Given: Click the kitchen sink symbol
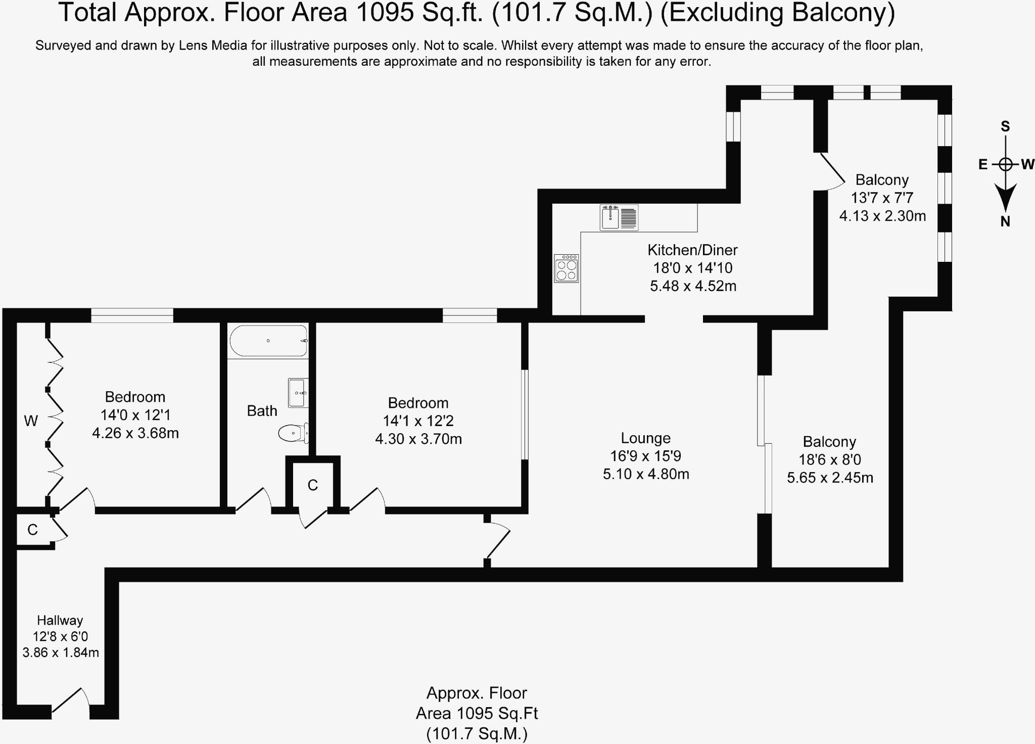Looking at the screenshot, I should pos(619,217).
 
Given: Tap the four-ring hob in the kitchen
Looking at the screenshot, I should pos(566,268).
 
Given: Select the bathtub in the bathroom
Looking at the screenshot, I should pos(268,341).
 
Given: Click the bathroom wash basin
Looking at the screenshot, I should pos(298,393).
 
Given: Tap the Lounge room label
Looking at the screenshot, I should pos(645,438).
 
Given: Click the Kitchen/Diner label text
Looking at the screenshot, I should pos(692,250).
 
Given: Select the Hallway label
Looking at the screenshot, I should pos(60,620).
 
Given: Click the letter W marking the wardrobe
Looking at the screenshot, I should pos(31,421).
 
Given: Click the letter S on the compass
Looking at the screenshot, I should pos(1005,126).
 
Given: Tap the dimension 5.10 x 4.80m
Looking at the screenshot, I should pos(646,474).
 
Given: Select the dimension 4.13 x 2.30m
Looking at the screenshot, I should pos(882,216).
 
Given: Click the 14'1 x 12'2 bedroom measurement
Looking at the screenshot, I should pos(418,421).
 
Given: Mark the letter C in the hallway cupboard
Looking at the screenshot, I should pos(32,530).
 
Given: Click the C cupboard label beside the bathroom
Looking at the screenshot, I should pos(313,485).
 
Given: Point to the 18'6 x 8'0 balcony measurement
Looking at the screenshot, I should pos(830,459).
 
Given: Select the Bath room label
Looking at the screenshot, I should pos(262,411).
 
